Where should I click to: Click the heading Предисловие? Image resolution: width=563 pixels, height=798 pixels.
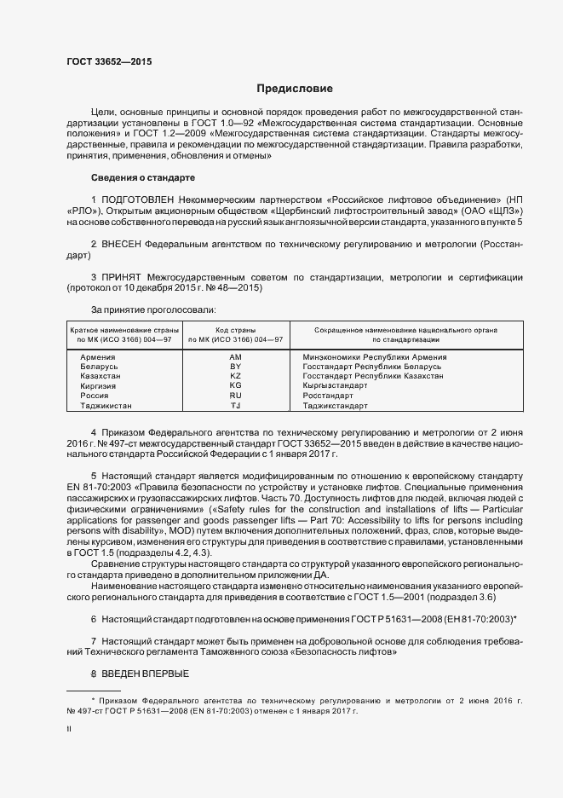point(295,89)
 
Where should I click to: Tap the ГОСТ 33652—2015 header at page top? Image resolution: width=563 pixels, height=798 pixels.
point(110,61)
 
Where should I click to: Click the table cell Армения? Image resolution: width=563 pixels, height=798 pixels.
point(98,357)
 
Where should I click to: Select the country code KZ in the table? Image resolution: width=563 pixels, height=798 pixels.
point(236,376)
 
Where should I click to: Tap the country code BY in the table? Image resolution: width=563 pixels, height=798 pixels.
point(236,367)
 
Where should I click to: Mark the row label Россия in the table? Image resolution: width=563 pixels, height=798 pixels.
point(94,396)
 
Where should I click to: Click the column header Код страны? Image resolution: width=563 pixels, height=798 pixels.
point(236,329)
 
